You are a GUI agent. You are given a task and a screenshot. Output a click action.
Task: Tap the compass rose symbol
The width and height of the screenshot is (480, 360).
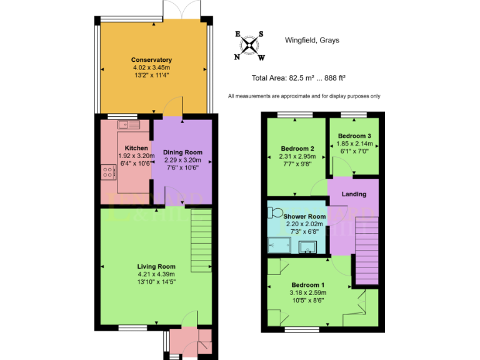coord(249,46)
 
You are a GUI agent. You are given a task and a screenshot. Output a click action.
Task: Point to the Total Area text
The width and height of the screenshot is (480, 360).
coord(299,79)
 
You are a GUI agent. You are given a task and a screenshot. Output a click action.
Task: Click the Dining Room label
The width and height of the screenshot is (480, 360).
coord(182,152)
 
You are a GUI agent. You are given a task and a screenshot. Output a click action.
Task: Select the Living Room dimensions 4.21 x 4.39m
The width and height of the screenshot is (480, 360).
coord(156,274)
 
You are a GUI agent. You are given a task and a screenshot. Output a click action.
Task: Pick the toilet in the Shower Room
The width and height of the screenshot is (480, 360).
coord(275,212)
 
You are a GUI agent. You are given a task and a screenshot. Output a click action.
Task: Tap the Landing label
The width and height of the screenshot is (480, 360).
coord(354,194)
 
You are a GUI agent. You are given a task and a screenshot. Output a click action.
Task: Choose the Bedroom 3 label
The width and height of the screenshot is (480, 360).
coord(354,136)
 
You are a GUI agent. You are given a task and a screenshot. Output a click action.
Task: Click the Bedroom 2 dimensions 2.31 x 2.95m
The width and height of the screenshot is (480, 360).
coord(296,156)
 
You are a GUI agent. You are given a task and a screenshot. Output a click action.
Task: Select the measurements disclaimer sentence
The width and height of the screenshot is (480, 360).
coord(304,96)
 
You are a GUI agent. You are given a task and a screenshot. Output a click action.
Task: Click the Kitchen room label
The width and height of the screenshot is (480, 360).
coord(136,148)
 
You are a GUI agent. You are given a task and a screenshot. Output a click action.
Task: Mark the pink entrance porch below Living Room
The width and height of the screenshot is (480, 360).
coord(191,342)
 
